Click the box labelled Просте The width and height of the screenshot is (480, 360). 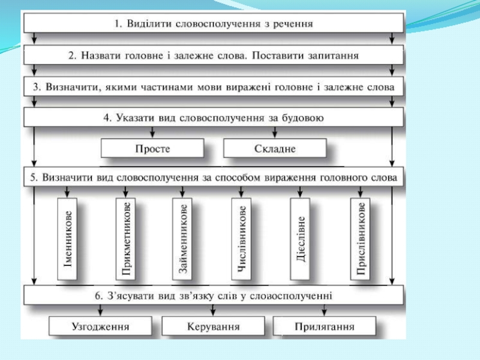tap(152, 148)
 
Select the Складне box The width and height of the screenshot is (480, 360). tap(275, 148)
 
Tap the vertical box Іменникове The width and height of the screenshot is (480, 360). tap(69, 238)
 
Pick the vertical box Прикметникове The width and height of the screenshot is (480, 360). tap(127, 238)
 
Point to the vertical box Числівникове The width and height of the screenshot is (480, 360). tap(242, 238)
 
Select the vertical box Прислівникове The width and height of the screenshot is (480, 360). tap(361, 238)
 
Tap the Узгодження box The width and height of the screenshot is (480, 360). tap(100, 327)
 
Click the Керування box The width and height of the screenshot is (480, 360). tap(213, 327)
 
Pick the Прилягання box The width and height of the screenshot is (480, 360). tap(325, 327)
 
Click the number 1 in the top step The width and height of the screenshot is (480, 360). tap(117, 24)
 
